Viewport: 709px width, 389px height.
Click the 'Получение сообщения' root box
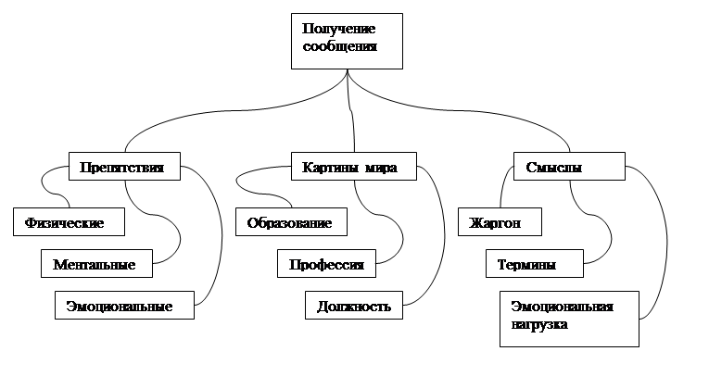tap(347, 41)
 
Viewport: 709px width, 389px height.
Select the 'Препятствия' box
tap(124, 167)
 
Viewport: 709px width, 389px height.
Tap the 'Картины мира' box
tap(354, 167)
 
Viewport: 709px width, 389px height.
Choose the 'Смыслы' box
tap(569, 167)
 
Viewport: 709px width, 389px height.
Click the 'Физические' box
tap(69, 222)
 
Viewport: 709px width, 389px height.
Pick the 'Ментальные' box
tap(96, 263)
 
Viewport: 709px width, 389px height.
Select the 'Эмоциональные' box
tap(124, 305)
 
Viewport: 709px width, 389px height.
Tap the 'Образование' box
tap(291, 222)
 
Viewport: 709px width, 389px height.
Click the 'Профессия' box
tap(326, 263)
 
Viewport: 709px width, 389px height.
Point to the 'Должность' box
tap(354, 305)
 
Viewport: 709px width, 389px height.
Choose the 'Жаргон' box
tap(500, 222)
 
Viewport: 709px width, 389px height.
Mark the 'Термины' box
tap(535, 263)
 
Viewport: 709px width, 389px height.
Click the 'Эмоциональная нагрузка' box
tap(569, 319)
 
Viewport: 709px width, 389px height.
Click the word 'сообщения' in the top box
tap(339, 46)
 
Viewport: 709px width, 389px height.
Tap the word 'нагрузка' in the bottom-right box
tap(539, 325)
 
